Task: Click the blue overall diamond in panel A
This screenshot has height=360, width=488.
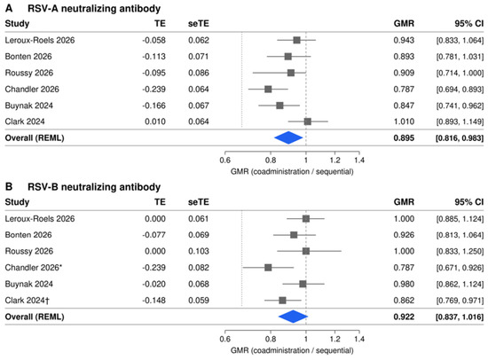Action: point(288,137)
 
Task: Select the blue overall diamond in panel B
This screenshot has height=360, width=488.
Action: point(293,317)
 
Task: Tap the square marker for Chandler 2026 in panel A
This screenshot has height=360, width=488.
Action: point(268,90)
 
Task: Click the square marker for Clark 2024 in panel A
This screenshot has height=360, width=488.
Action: point(308,121)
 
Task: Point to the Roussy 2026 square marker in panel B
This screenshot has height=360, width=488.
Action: point(306,251)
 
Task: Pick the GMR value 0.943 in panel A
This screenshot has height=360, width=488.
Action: point(404,40)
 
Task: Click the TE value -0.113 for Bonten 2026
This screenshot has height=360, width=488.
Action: point(153,57)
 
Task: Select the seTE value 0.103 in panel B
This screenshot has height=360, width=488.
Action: point(199,251)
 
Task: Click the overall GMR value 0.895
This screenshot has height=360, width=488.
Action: point(404,137)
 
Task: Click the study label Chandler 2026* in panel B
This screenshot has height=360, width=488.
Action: point(34,268)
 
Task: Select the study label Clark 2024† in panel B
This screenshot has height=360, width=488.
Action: point(28,301)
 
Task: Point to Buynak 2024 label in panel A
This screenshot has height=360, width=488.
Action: point(29,106)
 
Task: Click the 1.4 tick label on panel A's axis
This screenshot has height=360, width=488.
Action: point(359,160)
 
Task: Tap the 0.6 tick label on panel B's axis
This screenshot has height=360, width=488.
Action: point(225,339)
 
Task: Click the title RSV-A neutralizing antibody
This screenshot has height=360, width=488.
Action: point(94,8)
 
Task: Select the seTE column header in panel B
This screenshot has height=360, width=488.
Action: point(199,202)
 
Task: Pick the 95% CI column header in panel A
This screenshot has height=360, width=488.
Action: point(469,23)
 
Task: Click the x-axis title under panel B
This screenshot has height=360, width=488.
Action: point(292,350)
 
